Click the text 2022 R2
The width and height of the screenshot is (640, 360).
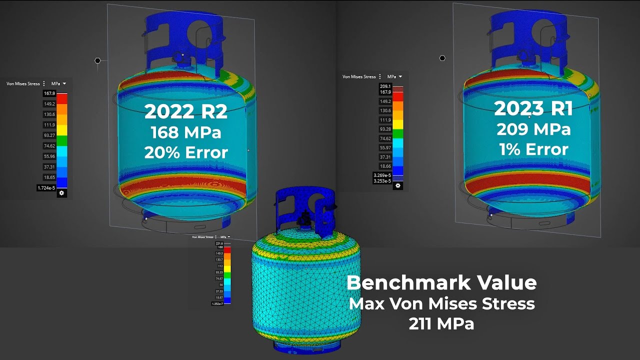tap(186, 112)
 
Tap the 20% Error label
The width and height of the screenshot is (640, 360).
tap(186, 152)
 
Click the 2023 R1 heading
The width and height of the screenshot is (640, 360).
tap(533, 108)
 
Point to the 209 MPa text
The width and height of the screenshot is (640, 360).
tap(533, 129)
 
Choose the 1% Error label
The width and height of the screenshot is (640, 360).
tap(533, 149)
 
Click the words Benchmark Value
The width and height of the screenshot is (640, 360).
tap(441, 282)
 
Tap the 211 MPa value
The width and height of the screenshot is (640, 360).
tap(441, 324)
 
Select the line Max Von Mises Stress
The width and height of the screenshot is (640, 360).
tap(441, 303)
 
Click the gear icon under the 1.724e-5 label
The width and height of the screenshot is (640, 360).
tap(61, 193)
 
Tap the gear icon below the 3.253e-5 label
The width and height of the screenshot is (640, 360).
tap(398, 185)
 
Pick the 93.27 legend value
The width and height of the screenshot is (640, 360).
tap(49, 135)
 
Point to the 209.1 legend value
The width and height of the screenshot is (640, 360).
tap(385, 86)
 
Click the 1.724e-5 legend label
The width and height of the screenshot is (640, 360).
tap(46, 188)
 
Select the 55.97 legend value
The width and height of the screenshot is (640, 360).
tap(385, 147)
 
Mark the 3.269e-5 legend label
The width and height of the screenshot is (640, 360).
tap(382, 175)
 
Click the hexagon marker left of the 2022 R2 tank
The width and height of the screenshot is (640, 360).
tap(97, 60)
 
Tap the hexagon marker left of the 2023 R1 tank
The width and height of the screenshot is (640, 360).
tap(442, 58)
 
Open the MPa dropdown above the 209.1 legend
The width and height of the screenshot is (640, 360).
tap(394, 76)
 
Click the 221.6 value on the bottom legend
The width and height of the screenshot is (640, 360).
tap(219, 243)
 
